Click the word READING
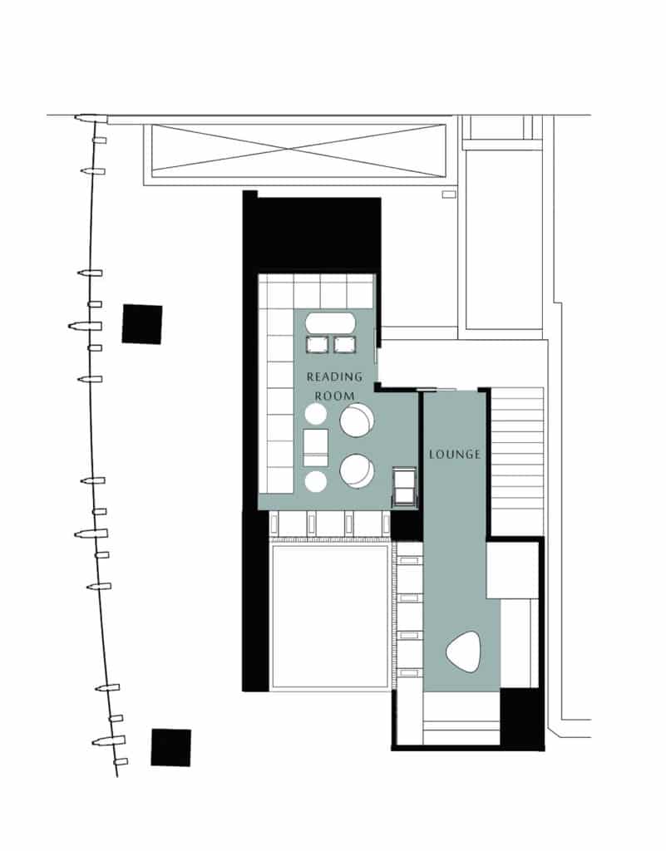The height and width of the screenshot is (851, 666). pos(335,376)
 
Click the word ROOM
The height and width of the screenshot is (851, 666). pos(334,396)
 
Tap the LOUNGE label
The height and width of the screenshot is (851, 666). pos(455,455)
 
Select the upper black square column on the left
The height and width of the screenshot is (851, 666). pos(142,324)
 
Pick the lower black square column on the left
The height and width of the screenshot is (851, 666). pos(170,747)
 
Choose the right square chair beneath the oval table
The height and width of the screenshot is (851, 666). pos(343,344)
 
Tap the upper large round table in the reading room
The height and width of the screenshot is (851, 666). pos(357,420)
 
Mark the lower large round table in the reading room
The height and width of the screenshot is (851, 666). pos(357,470)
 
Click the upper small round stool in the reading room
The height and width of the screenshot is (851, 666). pos(316,414)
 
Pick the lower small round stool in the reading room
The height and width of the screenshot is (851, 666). pos(316,480)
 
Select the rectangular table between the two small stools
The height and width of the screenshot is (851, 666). pos(317,447)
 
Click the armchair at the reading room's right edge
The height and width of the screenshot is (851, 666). pos(405,485)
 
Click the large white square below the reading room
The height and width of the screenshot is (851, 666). pos(330,615)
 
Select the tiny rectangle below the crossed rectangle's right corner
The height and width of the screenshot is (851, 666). pos(449,194)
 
